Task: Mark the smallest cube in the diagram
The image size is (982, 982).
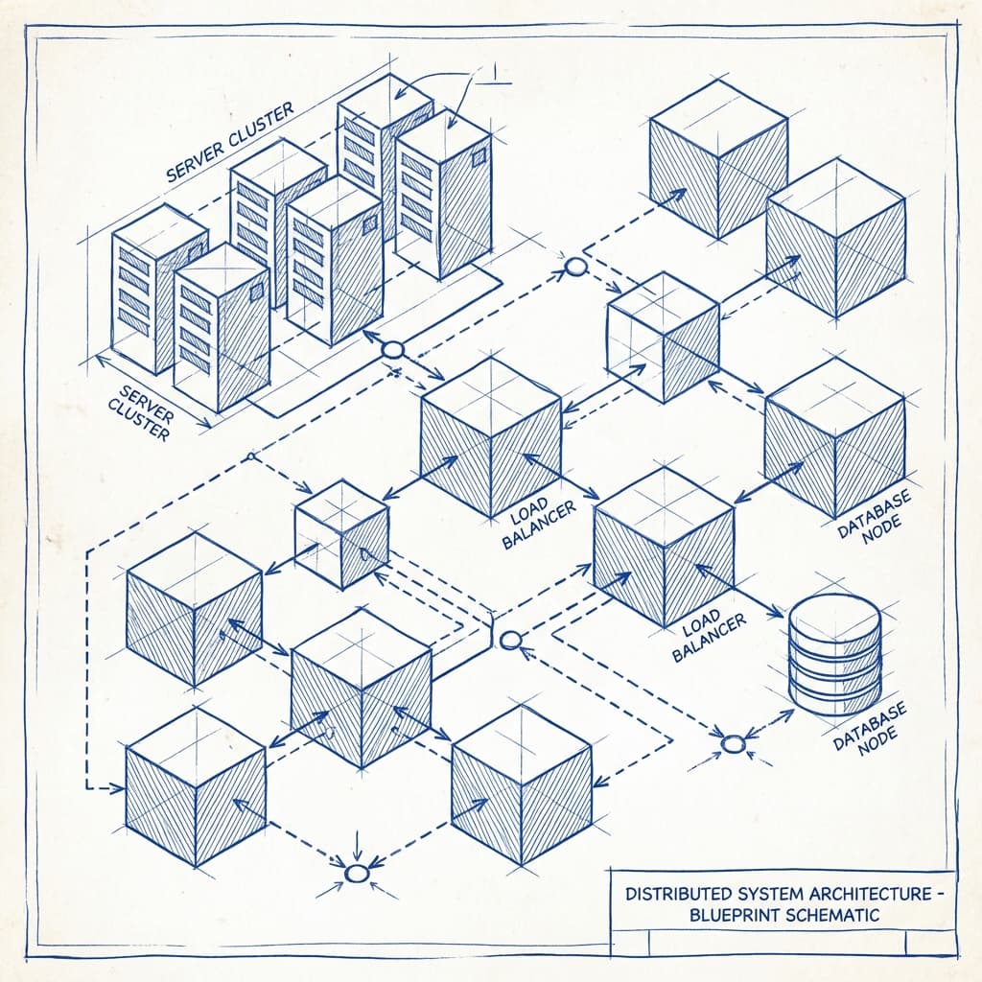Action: [x=341, y=533]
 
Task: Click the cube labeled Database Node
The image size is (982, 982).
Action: [x=834, y=436]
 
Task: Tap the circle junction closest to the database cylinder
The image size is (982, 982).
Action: [x=733, y=743]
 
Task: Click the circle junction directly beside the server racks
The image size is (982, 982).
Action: [x=392, y=350]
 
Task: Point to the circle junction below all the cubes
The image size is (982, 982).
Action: [x=357, y=873]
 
